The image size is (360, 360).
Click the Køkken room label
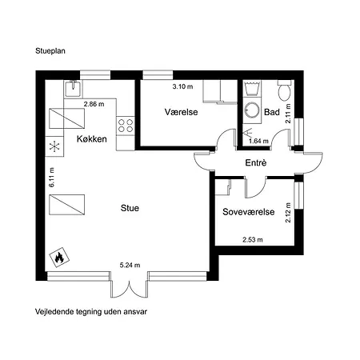coord(92,139)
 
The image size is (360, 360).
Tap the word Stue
coord(130,208)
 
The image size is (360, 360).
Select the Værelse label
coord(182,112)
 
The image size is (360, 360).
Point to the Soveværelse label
coord(249,212)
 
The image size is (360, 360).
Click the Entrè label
coord(256,162)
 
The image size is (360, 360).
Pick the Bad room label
coord(272,112)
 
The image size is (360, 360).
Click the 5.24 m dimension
coord(130,265)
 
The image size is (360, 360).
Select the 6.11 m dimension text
coord(52,178)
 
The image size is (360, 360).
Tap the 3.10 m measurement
coord(182,86)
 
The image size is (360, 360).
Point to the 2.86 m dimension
coord(94,104)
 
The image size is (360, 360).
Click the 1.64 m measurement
coord(258,141)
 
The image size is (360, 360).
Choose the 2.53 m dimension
coord(253,240)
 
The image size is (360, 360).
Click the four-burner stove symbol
coord(126,126)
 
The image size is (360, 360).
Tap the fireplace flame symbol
coord(59,257)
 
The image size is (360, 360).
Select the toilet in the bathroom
coord(285,90)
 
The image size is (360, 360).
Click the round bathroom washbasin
coord(252,110)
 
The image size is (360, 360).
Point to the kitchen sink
coord(73,89)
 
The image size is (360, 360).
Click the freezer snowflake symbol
coord(54,146)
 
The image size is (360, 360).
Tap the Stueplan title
coord(50,50)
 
